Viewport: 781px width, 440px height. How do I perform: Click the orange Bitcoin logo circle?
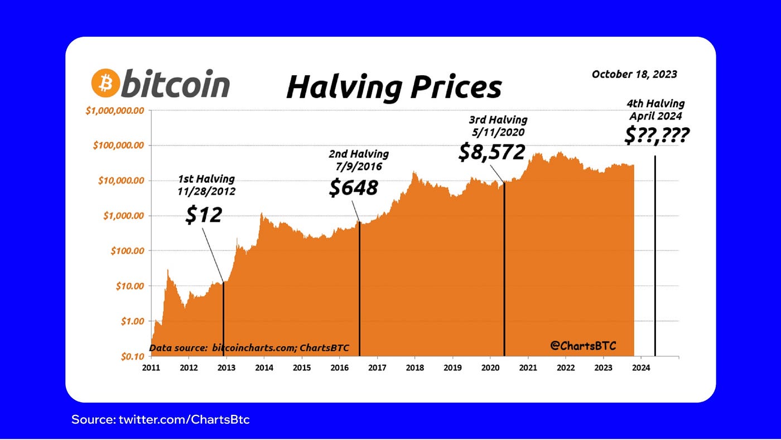pyautogui.click(x=105, y=84)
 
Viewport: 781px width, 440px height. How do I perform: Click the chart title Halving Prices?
pyautogui.click(x=394, y=87)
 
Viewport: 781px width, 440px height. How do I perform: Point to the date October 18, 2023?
pyautogui.click(x=634, y=74)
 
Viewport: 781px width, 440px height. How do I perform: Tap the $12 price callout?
pyautogui.click(x=204, y=214)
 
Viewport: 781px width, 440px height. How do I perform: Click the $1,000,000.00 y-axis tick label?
pyautogui.click(x=115, y=110)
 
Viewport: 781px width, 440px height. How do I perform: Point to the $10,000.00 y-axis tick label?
pyautogui.click(x=119, y=181)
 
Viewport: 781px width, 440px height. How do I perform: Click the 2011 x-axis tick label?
pyautogui.click(x=152, y=368)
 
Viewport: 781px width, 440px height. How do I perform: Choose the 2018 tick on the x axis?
pyautogui.click(x=415, y=368)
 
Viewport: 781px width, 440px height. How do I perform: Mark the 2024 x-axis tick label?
pyautogui.click(x=641, y=368)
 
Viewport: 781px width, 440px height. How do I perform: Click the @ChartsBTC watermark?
pyautogui.click(x=583, y=346)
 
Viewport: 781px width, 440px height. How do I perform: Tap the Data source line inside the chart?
pyautogui.click(x=249, y=348)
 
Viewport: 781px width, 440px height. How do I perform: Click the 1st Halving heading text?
pyautogui.click(x=206, y=179)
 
